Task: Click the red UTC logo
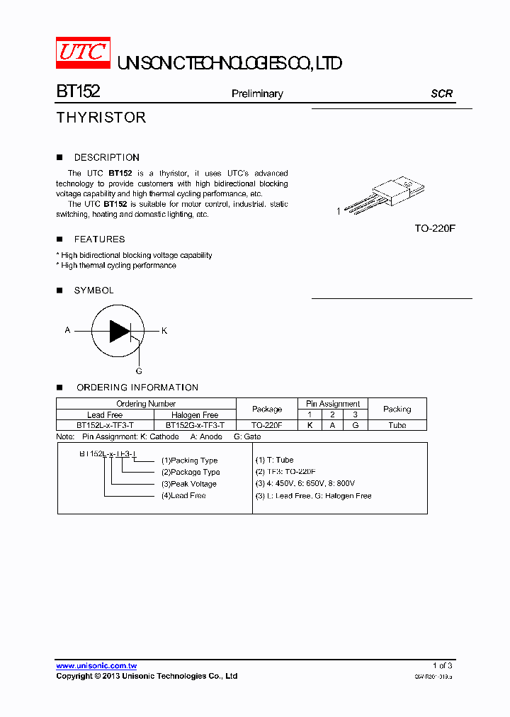[83, 53]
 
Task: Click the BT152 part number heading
[78, 93]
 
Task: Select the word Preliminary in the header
[257, 94]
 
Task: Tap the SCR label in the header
[441, 94]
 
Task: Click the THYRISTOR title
[101, 118]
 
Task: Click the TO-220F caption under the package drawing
[435, 229]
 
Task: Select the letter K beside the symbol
[164, 331]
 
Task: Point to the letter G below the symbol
[139, 371]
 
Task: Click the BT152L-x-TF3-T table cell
[105, 425]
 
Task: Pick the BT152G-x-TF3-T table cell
[195, 425]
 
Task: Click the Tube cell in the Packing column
[397, 425]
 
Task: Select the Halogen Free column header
[195, 414]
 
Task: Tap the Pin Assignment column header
[333, 404]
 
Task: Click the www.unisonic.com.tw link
[96, 666]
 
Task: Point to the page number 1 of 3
[442, 665]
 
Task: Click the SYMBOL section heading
[93, 290]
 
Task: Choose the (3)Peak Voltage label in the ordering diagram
[188, 484]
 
